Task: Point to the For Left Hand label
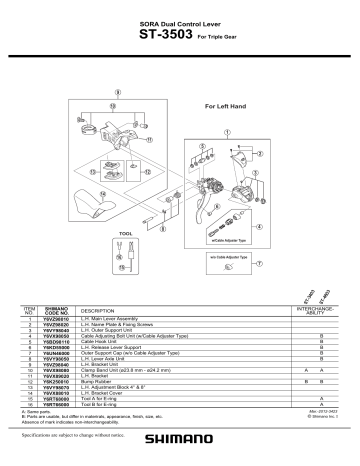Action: pyautogui.click(x=225, y=105)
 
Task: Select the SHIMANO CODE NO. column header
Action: pyautogui.click(x=56, y=311)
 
